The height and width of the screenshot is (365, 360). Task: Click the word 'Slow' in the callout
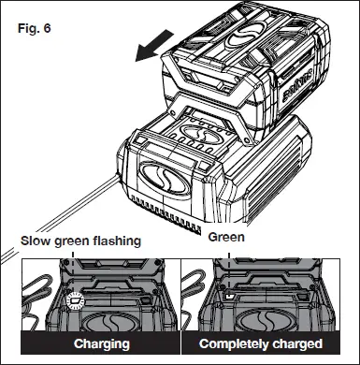pos(38,241)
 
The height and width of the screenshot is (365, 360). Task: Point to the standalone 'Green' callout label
pos(226,238)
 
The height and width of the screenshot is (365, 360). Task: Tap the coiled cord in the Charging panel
pos(37,299)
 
